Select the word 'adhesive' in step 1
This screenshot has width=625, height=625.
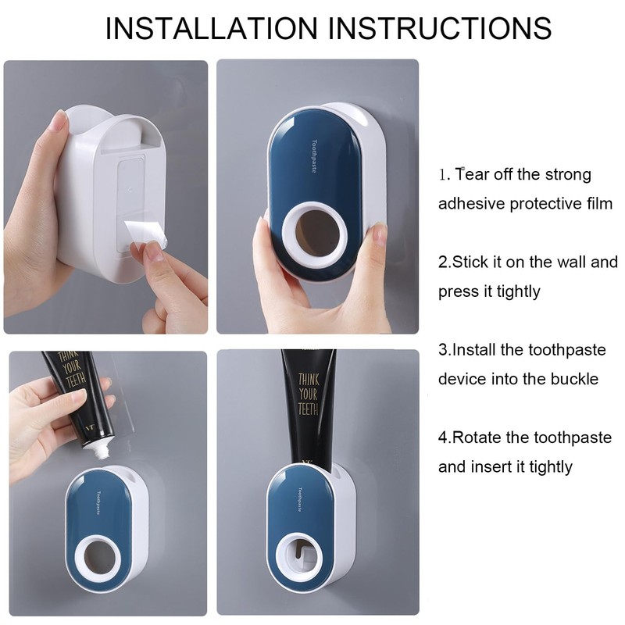(x=471, y=204)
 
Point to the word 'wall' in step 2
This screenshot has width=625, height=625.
(x=566, y=262)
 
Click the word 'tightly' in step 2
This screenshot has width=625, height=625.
(x=512, y=291)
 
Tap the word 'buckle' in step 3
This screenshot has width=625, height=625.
(x=573, y=379)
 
